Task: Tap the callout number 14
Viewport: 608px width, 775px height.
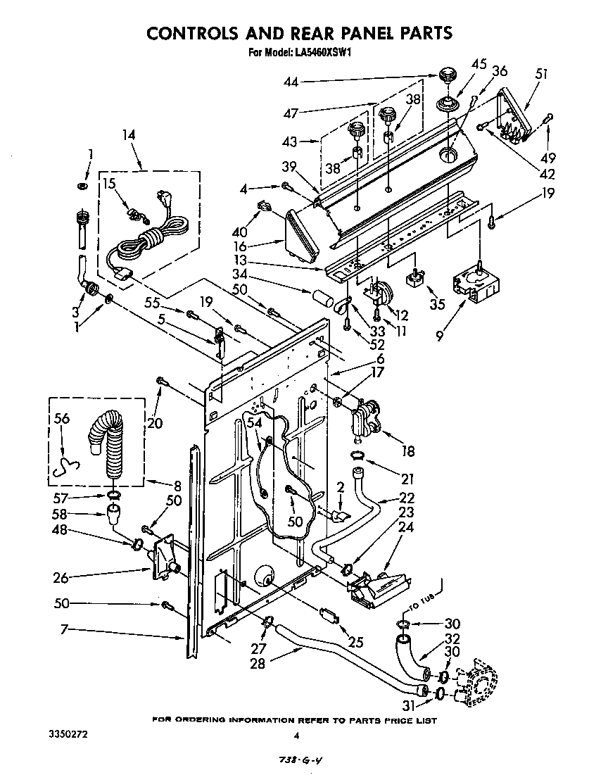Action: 128,135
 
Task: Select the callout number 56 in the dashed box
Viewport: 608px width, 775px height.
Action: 62,418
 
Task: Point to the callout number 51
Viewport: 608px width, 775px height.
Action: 542,73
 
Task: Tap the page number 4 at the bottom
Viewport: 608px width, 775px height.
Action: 297,736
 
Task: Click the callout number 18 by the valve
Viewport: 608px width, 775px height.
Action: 407,452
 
